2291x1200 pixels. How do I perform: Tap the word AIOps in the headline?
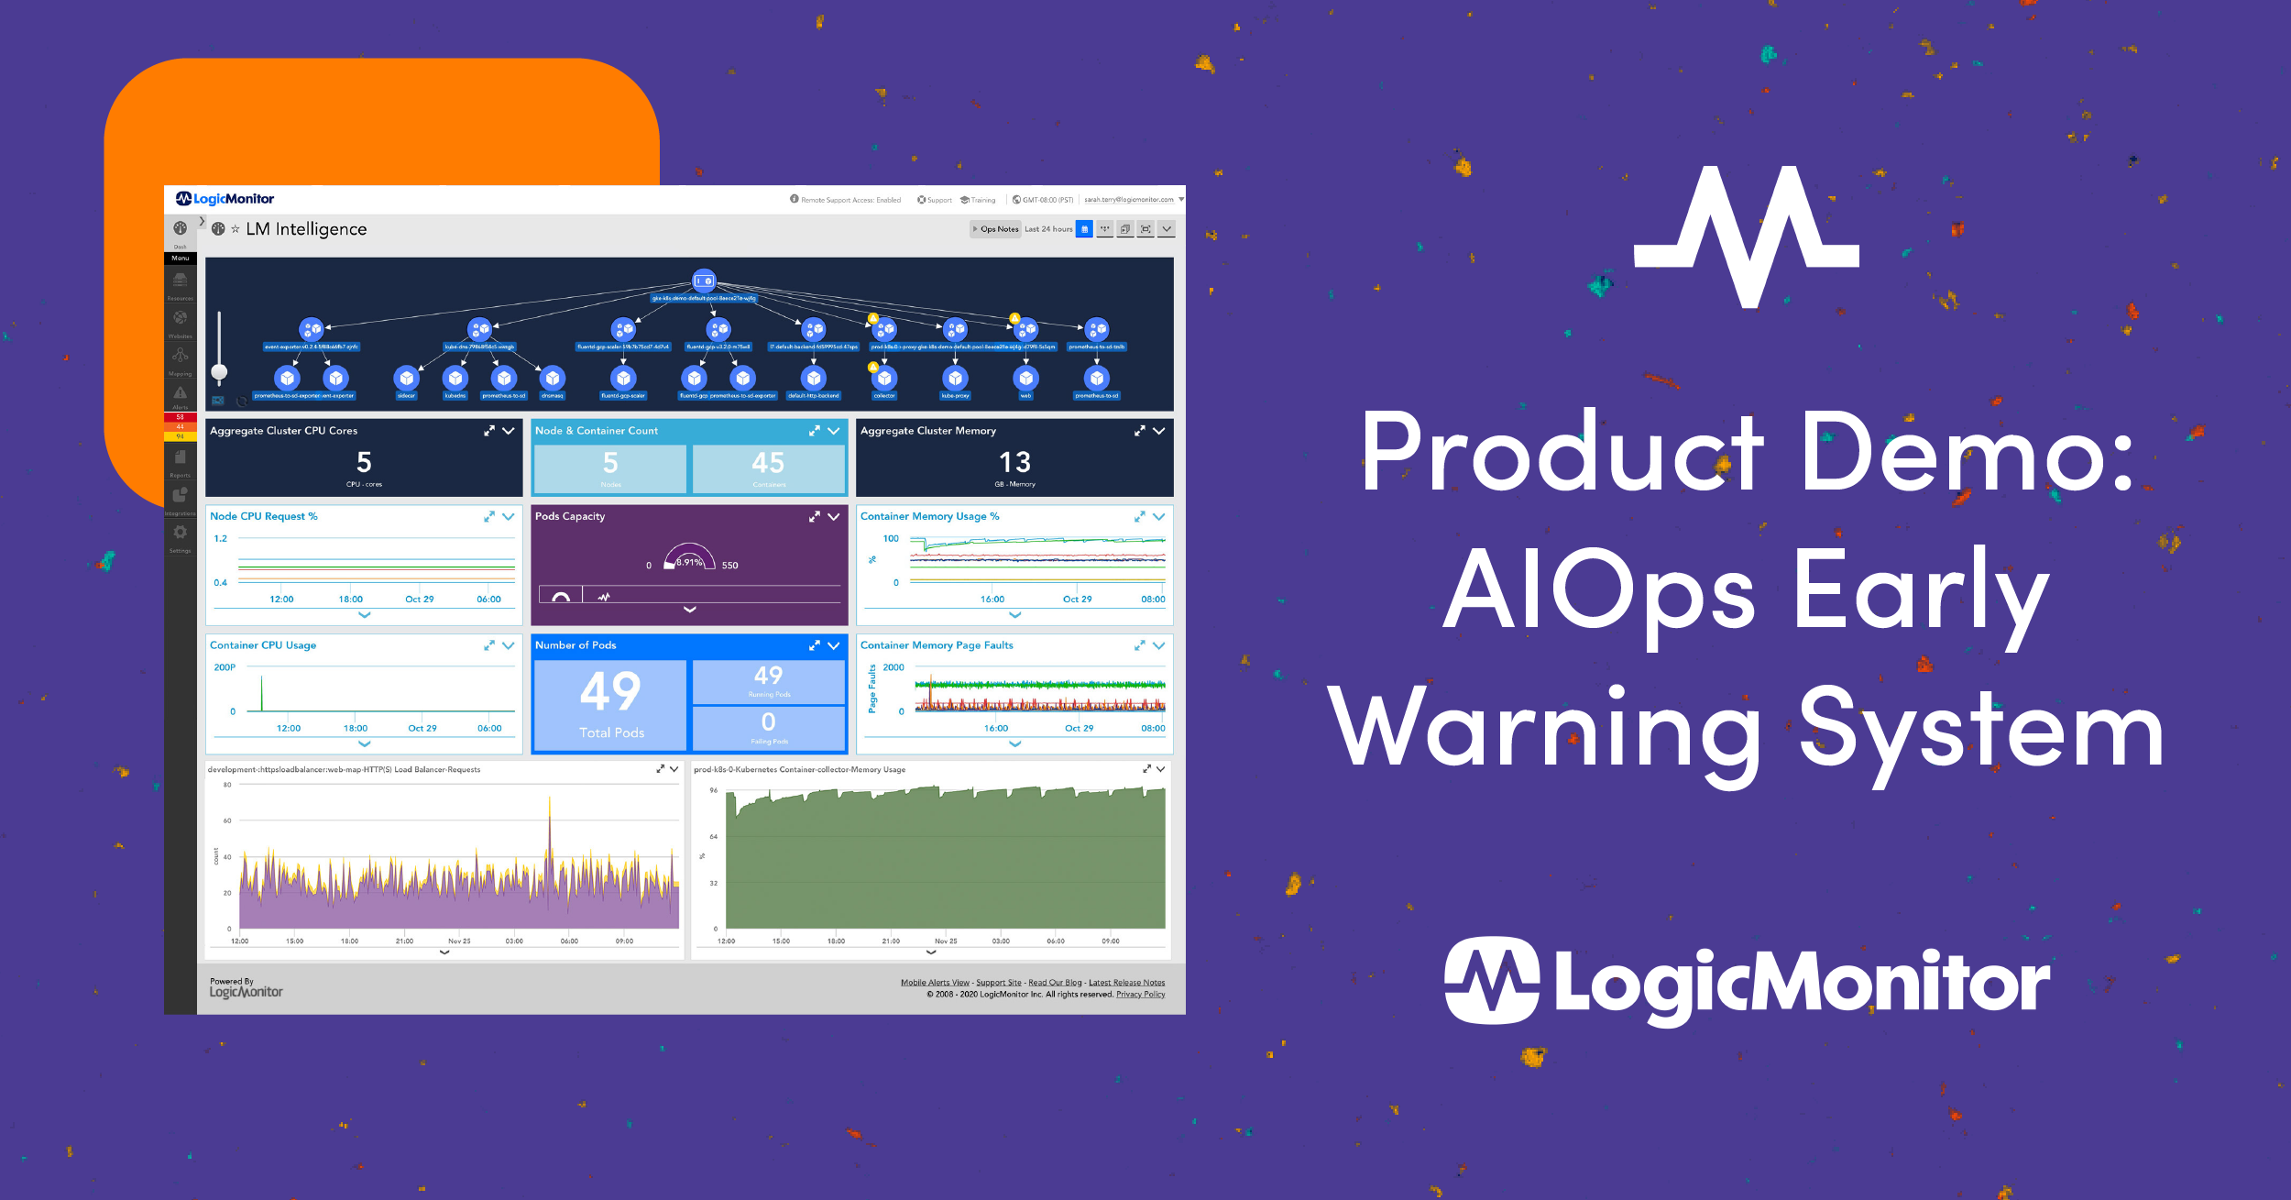(1599, 591)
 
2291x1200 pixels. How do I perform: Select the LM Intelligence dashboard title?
(306, 229)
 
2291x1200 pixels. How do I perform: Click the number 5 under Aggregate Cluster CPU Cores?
(364, 462)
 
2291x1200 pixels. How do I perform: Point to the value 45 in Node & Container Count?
(768, 463)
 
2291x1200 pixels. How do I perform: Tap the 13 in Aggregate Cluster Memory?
(1014, 462)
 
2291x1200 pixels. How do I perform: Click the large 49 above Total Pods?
(610, 691)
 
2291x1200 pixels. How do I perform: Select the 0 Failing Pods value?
(768, 722)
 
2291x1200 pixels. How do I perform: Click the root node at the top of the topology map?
(704, 281)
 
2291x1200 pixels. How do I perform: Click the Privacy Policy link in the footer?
(1140, 995)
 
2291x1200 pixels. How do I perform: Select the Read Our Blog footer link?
(1055, 983)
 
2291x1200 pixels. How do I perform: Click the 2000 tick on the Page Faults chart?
(893, 667)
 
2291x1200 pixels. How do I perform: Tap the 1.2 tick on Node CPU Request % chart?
(220, 539)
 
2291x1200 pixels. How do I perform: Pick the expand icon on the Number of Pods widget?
(814, 645)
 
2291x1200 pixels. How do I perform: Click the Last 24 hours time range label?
(1048, 229)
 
